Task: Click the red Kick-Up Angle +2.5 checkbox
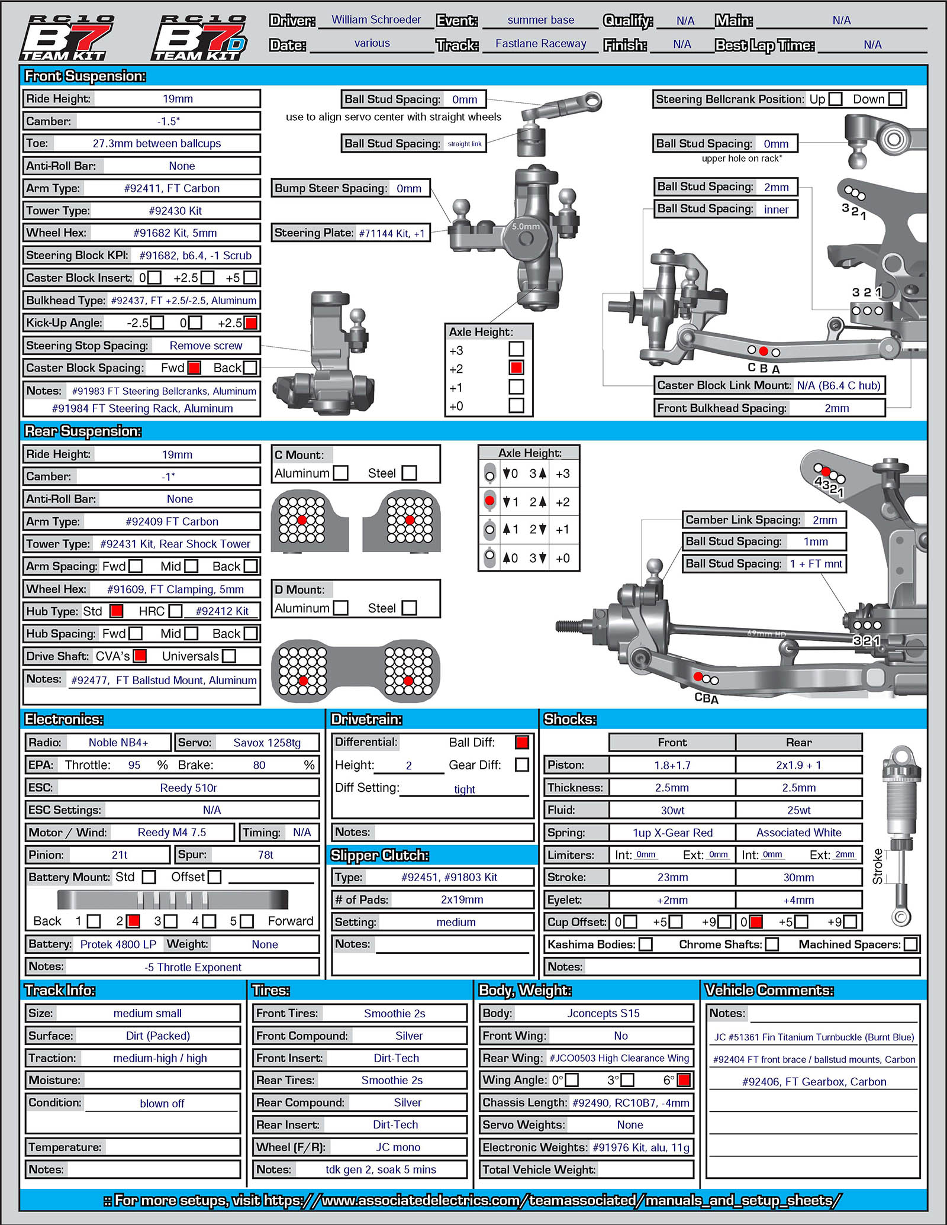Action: (251, 323)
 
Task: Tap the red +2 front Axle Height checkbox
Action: (516, 367)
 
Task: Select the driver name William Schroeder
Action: (376, 20)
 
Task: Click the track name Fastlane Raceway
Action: (540, 43)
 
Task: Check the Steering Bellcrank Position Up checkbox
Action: (835, 99)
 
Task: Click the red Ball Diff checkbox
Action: (521, 742)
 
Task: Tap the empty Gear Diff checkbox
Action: (521, 765)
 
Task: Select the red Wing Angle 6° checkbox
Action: (684, 1080)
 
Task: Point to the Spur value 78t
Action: (266, 855)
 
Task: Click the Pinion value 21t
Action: (120, 855)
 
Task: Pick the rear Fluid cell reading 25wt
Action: (798, 810)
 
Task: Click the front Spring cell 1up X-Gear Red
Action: (672, 832)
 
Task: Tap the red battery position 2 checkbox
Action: (134, 921)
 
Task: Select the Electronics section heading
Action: (64, 719)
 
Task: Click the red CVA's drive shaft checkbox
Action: (140, 656)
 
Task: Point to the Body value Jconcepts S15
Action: (603, 1013)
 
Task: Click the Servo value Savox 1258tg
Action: (267, 742)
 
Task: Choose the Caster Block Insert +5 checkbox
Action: (250, 278)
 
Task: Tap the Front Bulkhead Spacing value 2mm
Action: (836, 408)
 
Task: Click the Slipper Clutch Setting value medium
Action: (456, 922)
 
